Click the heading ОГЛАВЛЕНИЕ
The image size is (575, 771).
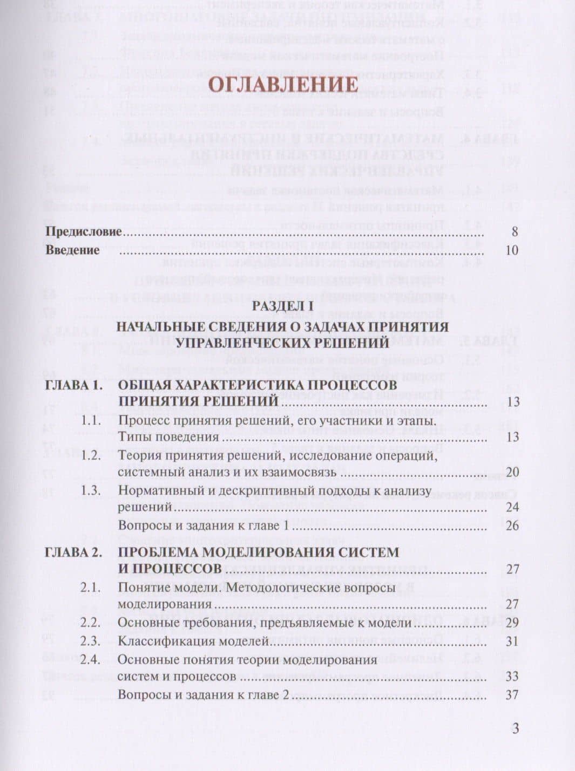tap(283, 85)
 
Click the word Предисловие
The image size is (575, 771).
tap(83, 232)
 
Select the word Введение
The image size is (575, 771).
tap(72, 250)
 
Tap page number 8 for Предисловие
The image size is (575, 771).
tap(515, 232)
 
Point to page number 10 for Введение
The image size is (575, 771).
tap(512, 250)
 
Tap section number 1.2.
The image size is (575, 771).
tap(91, 455)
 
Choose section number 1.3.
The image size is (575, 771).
tap(91, 490)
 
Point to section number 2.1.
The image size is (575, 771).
tap(91, 588)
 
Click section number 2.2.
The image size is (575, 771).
tap(91, 623)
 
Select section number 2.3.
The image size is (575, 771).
tap(91, 642)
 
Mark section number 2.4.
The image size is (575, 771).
tap(91, 659)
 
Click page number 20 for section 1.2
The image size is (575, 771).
tap(512, 473)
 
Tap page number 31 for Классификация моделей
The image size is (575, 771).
tap(512, 642)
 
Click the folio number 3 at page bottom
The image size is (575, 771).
tap(515, 728)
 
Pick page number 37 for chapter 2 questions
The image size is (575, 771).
tap(512, 694)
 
